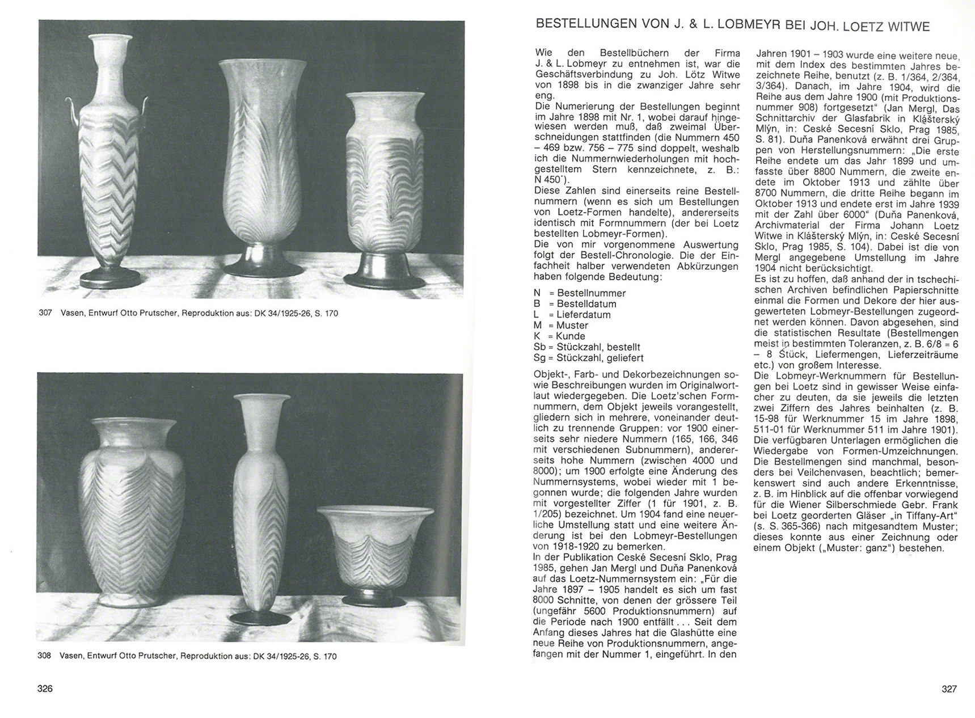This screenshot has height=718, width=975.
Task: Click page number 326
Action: click(45, 689)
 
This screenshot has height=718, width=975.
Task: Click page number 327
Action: click(949, 689)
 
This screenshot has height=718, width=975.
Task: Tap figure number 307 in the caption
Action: click(45, 313)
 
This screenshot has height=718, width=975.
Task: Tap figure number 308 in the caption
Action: click(44, 656)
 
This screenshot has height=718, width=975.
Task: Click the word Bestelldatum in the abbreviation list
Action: click(586, 304)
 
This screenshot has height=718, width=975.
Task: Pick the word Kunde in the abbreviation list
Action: click(571, 336)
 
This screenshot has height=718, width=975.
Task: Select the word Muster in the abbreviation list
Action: click(572, 326)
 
